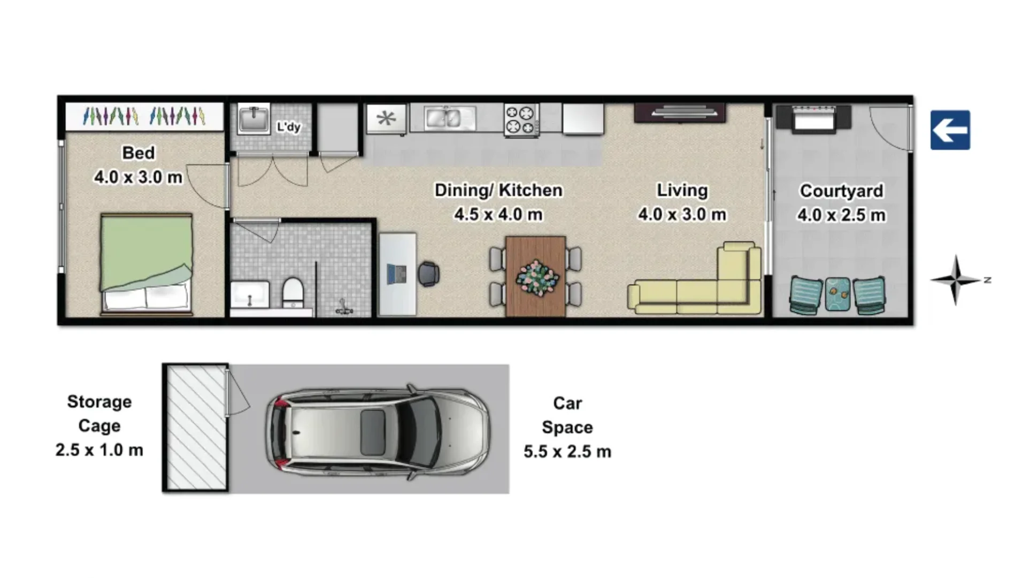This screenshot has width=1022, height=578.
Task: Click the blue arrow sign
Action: tap(950, 130)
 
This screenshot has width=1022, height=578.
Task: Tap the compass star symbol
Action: tap(956, 280)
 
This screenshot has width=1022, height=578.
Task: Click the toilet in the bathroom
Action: tap(293, 292)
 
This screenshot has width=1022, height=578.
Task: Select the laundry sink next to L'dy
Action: tap(253, 119)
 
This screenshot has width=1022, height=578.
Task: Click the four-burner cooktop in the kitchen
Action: tap(520, 119)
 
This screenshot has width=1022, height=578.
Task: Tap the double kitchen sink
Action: tap(449, 118)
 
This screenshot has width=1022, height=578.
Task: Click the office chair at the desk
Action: tap(428, 274)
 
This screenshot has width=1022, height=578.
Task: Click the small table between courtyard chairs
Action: tap(837, 294)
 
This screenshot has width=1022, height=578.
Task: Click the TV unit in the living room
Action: tap(680, 113)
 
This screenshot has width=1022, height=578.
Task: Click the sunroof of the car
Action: tap(373, 432)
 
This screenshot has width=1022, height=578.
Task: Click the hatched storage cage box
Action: tap(196, 428)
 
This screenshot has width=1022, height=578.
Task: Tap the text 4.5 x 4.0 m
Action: tap(498, 215)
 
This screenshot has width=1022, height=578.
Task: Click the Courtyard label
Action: tap(841, 191)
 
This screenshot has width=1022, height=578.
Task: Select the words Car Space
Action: tap(567, 415)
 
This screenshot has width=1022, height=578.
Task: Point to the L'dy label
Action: tap(288, 127)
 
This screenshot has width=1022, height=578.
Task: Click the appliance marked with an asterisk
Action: tap(386, 118)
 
